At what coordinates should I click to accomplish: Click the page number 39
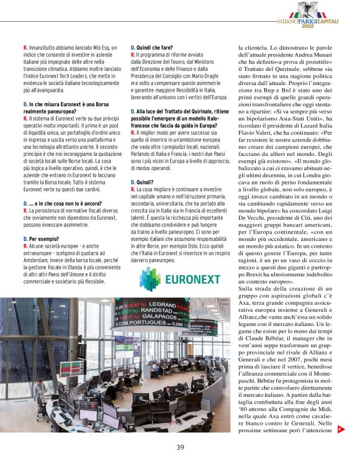pyautogui.click(x=180, y=447)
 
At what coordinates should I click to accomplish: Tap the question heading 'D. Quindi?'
pyautogui.click(x=143, y=183)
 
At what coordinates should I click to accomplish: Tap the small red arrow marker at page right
pyautogui.click(x=340, y=429)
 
